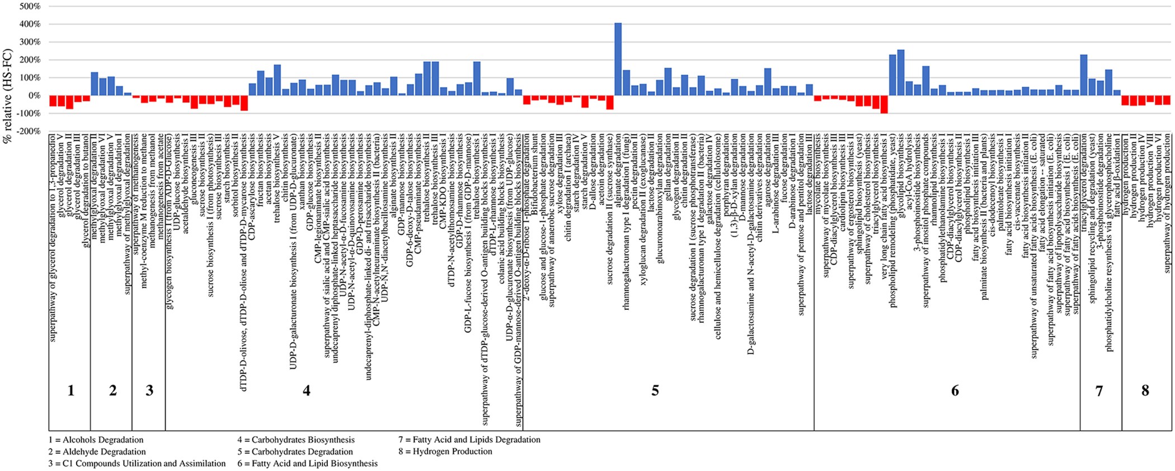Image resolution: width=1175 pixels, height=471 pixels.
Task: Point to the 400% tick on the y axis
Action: (29, 24)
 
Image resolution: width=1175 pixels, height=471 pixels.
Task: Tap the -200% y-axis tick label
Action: (28, 131)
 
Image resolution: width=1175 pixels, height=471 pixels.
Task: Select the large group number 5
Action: (655, 390)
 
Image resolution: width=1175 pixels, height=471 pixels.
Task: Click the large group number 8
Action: (1145, 390)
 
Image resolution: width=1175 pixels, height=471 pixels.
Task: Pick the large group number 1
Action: (70, 390)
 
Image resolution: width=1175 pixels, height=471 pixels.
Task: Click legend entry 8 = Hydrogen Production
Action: (445, 451)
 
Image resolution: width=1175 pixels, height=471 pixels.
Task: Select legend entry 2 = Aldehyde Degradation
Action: (97, 452)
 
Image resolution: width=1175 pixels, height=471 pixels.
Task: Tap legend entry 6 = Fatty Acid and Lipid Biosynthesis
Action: (307, 463)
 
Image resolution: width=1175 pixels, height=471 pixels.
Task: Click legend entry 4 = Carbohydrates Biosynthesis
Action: (296, 440)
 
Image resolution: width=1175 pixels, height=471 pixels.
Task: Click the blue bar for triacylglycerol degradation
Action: (1083, 75)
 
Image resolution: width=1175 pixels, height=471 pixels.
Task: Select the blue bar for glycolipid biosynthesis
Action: (901, 73)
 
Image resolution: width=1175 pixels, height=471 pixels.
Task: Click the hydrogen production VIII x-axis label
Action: (1150, 174)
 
